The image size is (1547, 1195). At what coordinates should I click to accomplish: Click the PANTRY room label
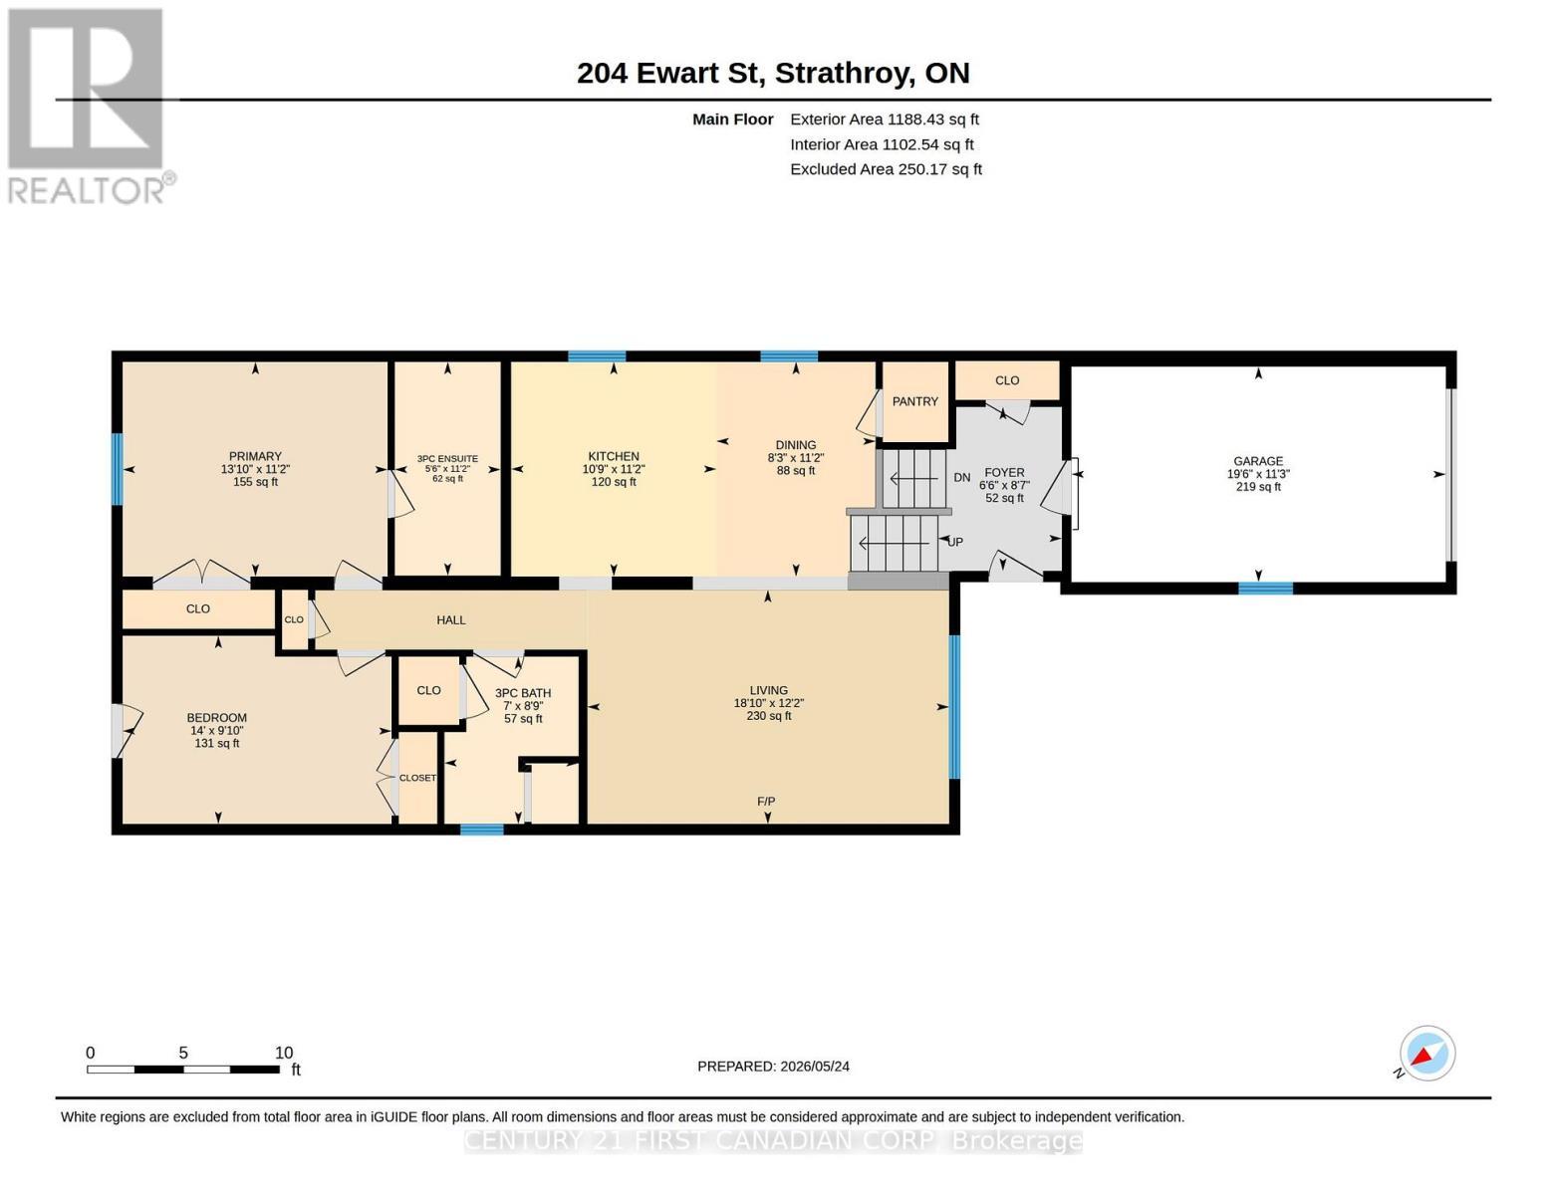point(914,401)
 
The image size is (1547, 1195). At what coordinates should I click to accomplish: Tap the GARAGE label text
point(1258,461)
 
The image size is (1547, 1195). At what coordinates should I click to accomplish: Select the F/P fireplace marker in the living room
point(766,802)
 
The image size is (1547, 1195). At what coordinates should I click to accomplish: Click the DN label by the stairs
point(962,478)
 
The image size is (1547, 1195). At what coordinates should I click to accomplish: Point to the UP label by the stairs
point(955,542)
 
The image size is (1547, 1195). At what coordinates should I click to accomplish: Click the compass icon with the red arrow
point(1426,1054)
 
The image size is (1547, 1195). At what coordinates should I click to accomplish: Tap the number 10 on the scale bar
point(283,1053)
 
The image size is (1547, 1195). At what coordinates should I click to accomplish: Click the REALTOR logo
point(88,107)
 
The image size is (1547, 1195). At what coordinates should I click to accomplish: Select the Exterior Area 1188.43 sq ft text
point(885,119)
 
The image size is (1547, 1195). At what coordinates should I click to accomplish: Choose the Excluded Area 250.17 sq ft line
point(886,169)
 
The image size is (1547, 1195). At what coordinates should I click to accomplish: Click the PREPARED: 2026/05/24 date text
point(773,1067)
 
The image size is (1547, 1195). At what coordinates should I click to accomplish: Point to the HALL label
point(450,620)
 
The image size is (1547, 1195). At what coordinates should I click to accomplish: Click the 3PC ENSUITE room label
point(447,459)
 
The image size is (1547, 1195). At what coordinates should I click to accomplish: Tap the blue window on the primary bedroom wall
point(118,469)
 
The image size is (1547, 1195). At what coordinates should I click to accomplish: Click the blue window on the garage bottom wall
point(1265,588)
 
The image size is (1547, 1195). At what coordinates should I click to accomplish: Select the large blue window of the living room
point(954,707)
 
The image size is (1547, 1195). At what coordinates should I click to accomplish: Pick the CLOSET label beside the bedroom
point(417,778)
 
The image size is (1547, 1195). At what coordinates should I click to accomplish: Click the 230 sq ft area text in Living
point(768,716)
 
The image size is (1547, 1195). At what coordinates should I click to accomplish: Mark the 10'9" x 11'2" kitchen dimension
point(613,469)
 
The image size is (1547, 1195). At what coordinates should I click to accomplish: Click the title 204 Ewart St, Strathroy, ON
point(773,74)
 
